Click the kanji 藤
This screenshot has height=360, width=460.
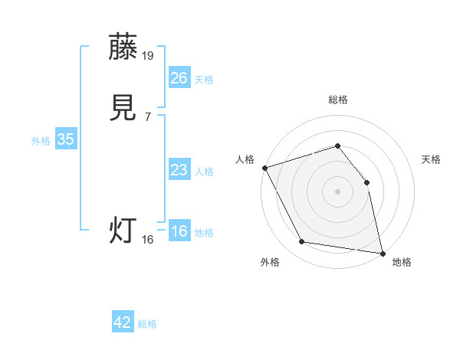tap(123, 47)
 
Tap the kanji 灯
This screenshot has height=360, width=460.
tap(123, 231)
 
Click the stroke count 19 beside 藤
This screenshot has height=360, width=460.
tap(148, 55)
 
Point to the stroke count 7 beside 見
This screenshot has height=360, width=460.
tap(148, 116)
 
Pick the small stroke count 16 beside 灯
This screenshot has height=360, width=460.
tap(148, 240)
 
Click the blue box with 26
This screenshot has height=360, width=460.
tap(179, 77)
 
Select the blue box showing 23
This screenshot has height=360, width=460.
tap(179, 170)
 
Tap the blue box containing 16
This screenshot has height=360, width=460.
tap(179, 231)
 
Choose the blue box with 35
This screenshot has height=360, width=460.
tap(65, 139)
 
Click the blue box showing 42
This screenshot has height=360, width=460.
tap(123, 322)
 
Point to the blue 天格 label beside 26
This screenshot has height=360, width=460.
tap(204, 80)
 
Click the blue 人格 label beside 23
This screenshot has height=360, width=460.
tap(204, 172)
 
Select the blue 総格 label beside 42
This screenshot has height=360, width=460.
tap(147, 325)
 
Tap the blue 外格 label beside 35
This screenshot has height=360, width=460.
tap(41, 141)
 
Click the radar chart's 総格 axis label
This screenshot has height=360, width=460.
tap(337, 100)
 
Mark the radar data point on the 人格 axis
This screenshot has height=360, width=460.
tap(264, 168)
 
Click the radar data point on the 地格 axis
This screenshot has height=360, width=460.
tap(383, 253)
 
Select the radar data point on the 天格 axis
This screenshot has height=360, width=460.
tap(366, 182)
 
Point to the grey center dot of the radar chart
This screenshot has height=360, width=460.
tap(337, 191)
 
